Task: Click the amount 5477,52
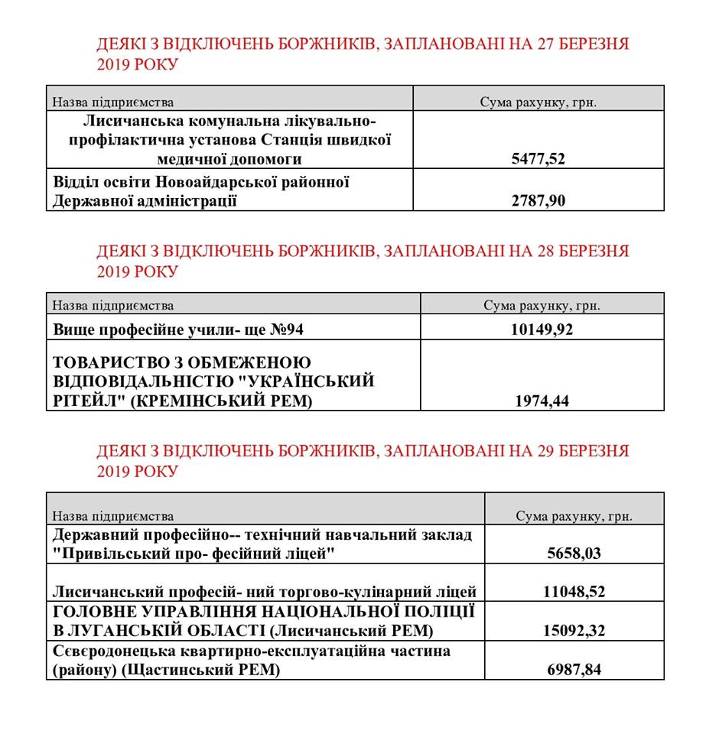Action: point(538,159)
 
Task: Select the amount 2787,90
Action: point(538,202)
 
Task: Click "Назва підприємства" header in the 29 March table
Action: point(112,516)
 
